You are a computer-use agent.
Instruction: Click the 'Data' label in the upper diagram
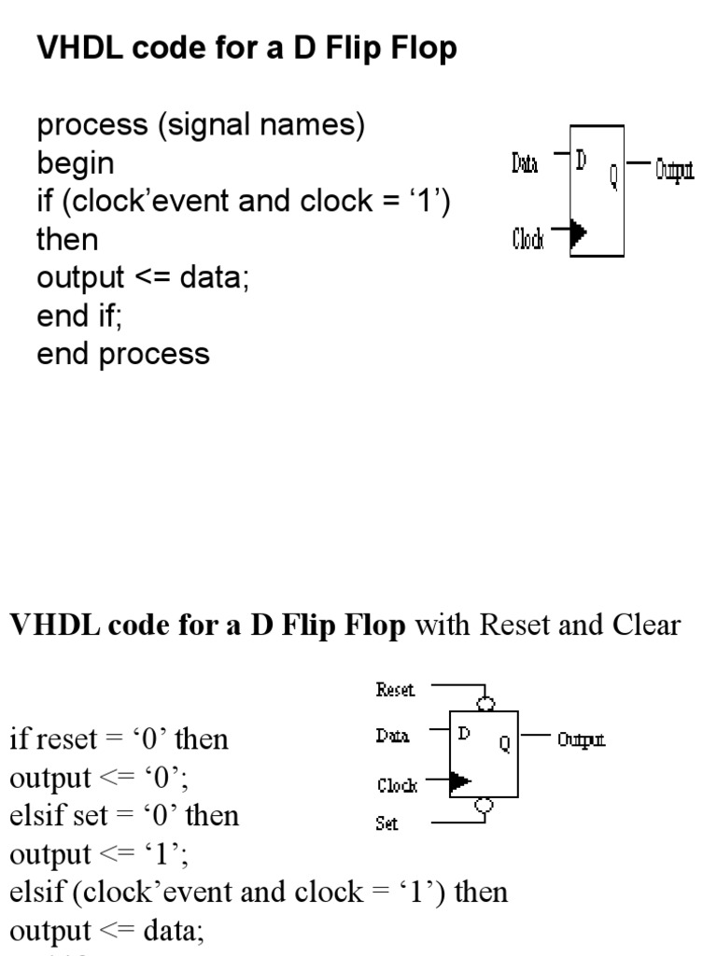(x=525, y=165)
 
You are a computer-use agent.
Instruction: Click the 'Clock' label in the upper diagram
(x=527, y=240)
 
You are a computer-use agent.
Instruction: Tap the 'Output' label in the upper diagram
(x=674, y=170)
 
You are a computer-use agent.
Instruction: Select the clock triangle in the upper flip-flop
(x=578, y=232)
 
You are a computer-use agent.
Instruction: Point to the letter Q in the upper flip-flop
(x=613, y=176)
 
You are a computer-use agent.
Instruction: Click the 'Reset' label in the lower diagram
(x=395, y=690)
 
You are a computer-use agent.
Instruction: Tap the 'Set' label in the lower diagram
(x=387, y=824)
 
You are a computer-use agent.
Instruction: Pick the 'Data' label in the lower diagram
(x=393, y=737)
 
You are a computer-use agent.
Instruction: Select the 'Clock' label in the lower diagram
(x=397, y=785)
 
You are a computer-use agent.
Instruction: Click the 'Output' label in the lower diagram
(x=581, y=740)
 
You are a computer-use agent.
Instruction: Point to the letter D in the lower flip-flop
(x=463, y=734)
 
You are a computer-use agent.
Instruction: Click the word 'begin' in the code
(x=76, y=163)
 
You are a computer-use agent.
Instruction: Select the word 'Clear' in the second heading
(x=646, y=625)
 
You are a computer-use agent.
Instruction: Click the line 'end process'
(x=123, y=354)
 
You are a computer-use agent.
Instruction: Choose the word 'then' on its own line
(x=67, y=240)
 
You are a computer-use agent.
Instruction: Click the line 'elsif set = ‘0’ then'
(x=124, y=816)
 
